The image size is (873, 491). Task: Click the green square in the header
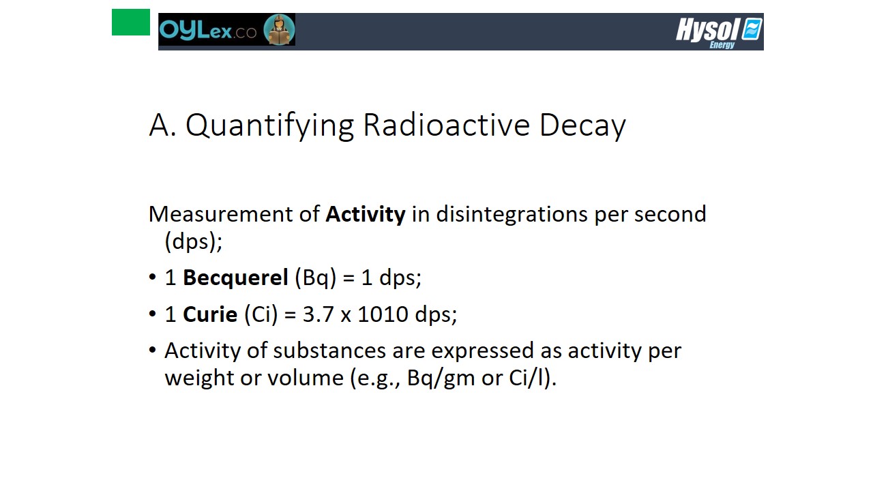coord(131,23)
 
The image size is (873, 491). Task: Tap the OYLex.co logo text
coord(208,30)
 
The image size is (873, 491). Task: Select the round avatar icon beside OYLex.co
coord(279,29)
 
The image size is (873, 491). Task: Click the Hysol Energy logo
coord(719,33)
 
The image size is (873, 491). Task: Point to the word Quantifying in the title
coord(269,126)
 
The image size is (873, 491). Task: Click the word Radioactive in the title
coord(447,125)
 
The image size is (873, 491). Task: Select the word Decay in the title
coord(582,126)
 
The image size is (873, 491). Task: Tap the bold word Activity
coord(366,215)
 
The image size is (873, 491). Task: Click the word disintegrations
coord(512,215)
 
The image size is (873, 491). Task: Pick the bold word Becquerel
coord(235,278)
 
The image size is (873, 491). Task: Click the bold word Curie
coord(210,314)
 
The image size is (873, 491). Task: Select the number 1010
coord(383,314)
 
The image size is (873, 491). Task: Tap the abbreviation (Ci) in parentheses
coord(261,315)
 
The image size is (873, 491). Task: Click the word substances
coord(329,351)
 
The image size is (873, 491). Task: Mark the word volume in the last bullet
coord(305,378)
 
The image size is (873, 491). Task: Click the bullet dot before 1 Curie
coord(152,314)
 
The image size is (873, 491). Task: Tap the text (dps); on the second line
coord(193,242)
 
